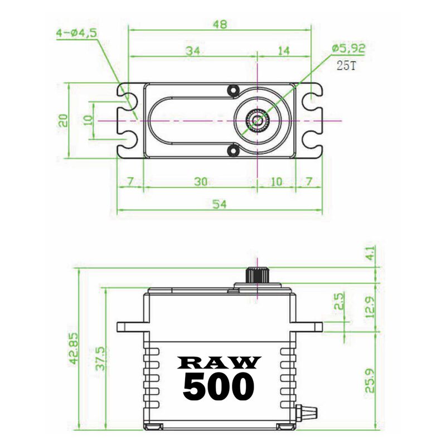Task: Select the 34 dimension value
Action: (x=193, y=51)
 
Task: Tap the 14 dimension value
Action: (x=283, y=51)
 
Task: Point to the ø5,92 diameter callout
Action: (x=348, y=49)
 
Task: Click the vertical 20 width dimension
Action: (x=63, y=120)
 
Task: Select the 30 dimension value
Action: (x=200, y=181)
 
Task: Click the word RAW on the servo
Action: (x=219, y=363)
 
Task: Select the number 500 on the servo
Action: (x=219, y=386)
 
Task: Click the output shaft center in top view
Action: (x=257, y=120)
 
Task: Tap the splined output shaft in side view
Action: (x=257, y=275)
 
